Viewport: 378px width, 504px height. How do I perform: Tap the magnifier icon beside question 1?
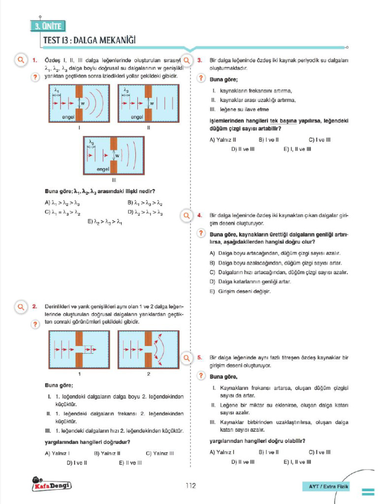click(x=21, y=61)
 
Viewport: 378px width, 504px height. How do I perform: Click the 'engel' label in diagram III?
click(x=103, y=169)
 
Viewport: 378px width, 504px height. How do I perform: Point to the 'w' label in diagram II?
click(x=152, y=103)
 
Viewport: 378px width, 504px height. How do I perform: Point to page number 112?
click(x=190, y=486)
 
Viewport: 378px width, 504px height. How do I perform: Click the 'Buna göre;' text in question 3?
click(x=224, y=79)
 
